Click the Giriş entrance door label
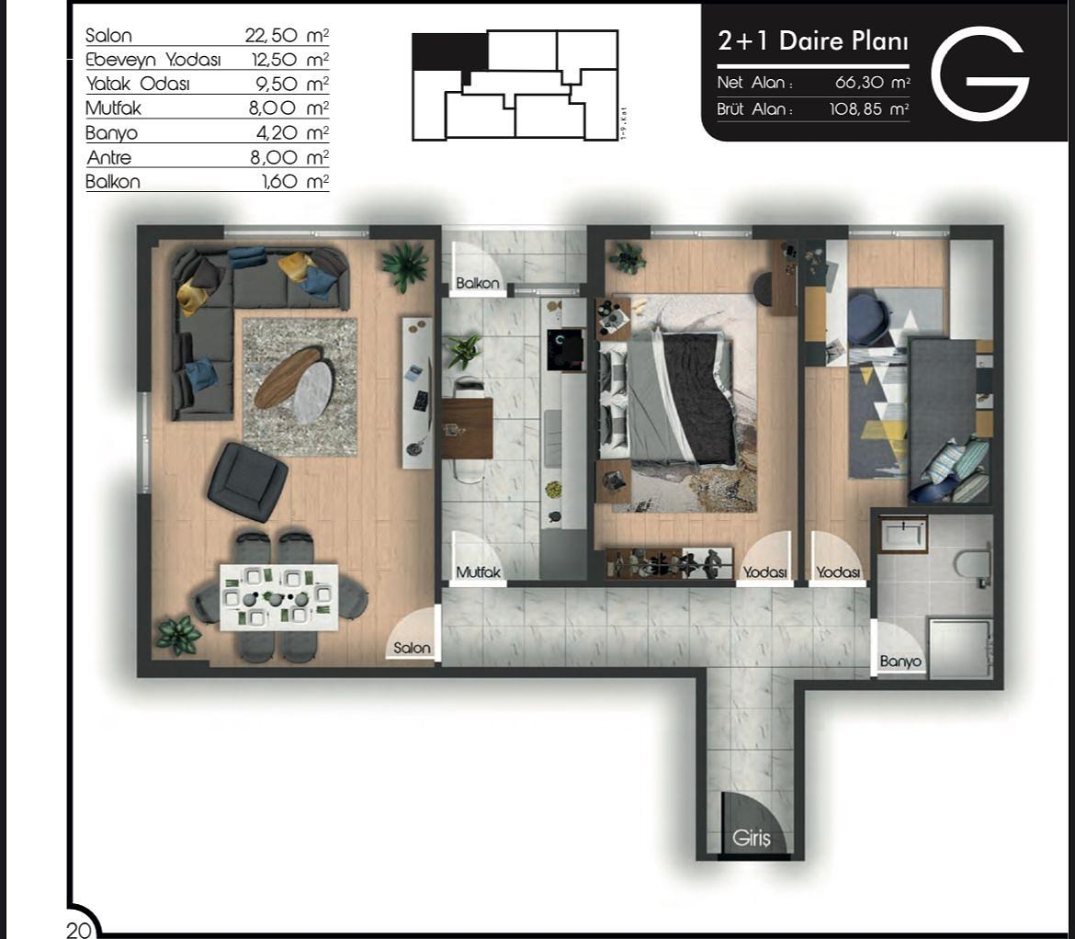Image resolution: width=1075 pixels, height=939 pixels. [x=751, y=838]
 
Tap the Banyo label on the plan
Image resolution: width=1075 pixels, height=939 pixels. [x=900, y=661]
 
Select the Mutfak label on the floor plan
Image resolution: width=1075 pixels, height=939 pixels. [x=479, y=572]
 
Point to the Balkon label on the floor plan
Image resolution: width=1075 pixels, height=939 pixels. [x=478, y=283]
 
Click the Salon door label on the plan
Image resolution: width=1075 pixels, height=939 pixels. [x=412, y=648]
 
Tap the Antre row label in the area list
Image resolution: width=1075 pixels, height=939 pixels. [x=108, y=157]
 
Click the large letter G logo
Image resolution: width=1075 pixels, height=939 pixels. [x=979, y=74]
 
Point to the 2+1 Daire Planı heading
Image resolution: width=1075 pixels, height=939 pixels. [x=812, y=42]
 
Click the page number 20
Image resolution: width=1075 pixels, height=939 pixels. [x=78, y=929]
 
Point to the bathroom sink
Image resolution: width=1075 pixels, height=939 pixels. [x=903, y=534]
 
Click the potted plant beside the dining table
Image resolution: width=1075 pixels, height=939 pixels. [x=178, y=634]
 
